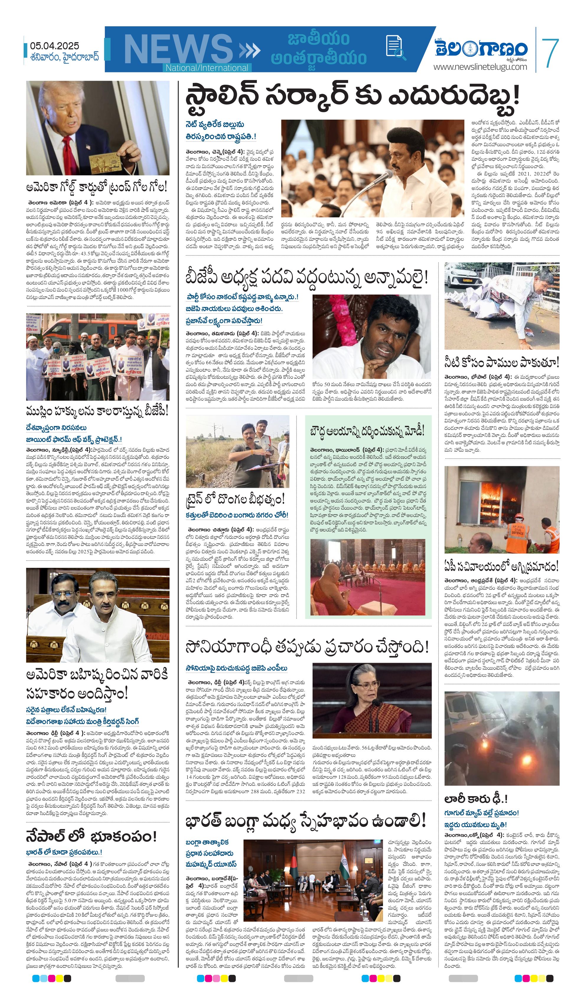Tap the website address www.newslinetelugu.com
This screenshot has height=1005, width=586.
pos(480,67)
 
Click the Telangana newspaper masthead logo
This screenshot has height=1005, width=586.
pos(481,49)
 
